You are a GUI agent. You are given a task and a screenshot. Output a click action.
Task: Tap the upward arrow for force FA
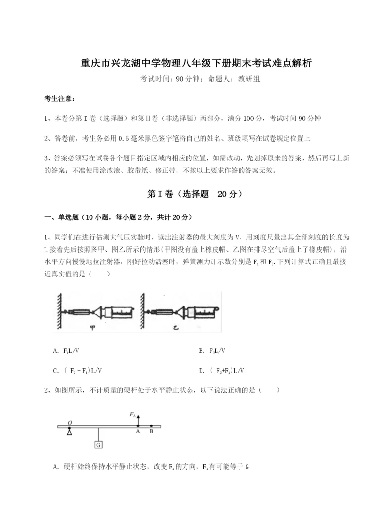point(138,418)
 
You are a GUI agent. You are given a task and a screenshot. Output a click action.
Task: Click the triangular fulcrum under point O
point(70,432)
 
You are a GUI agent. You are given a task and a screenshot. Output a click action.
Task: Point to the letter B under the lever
point(151,432)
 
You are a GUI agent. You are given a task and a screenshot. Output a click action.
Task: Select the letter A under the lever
point(138,432)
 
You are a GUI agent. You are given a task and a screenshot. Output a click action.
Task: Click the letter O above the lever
point(70,422)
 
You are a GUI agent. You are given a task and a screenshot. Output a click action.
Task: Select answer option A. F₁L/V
point(70,351)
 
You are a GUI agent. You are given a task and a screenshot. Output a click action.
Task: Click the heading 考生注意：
point(59,99)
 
